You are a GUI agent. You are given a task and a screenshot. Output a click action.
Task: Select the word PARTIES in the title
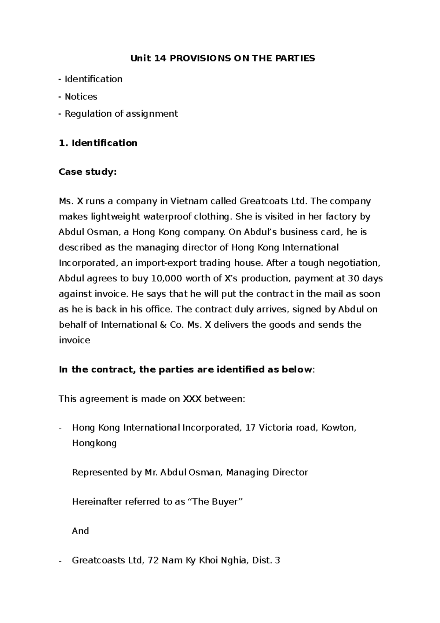298,58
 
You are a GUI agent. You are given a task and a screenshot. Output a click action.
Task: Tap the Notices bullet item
81,96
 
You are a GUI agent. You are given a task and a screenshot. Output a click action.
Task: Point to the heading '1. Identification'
98,143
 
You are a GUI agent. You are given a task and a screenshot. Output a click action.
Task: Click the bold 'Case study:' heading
88,172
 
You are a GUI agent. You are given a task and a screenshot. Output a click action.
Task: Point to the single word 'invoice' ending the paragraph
74,340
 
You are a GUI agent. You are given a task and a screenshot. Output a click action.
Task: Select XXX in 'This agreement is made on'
192,398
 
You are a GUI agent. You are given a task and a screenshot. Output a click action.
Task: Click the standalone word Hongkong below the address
94,443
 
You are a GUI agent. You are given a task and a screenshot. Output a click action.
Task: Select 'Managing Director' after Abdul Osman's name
267,472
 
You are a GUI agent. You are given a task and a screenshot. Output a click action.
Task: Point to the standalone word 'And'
80,531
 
